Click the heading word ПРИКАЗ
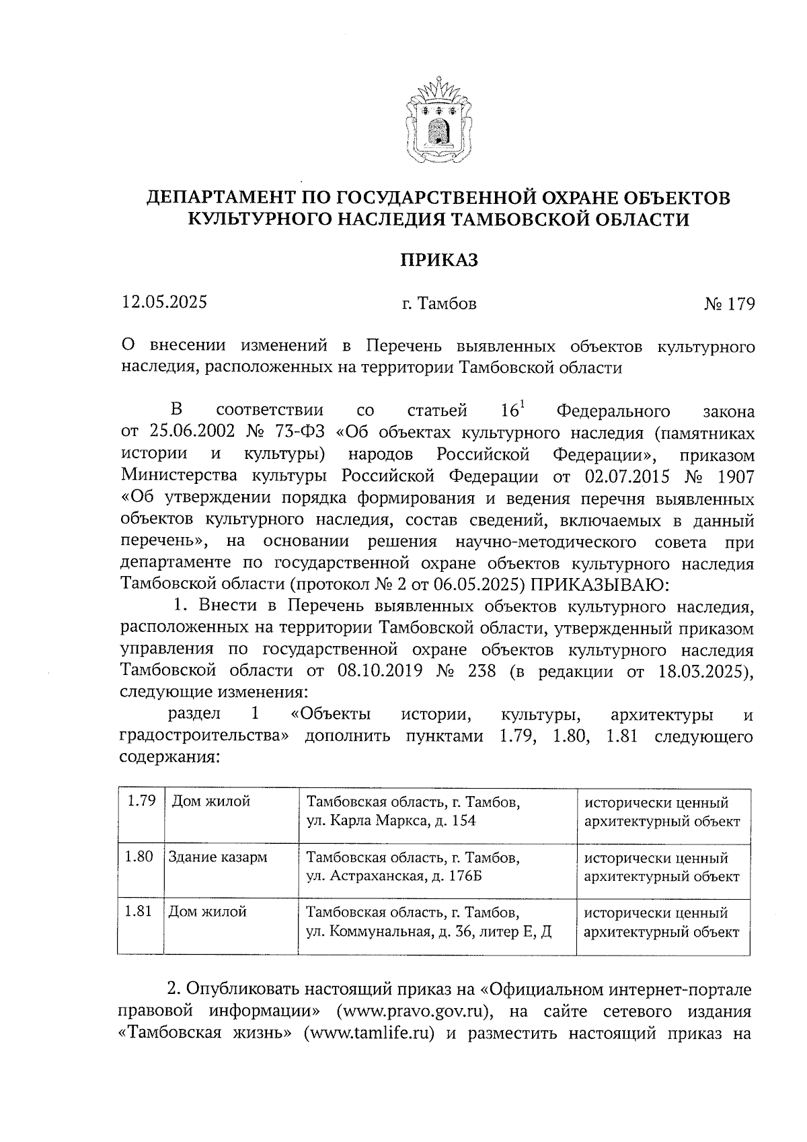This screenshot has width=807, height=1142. [439, 260]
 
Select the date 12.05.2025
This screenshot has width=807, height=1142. [164, 302]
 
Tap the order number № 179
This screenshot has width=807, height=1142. [730, 304]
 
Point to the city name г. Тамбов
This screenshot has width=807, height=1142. [439, 304]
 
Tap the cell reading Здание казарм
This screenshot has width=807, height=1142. [218, 857]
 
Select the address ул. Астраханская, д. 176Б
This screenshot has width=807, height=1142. [394, 876]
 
